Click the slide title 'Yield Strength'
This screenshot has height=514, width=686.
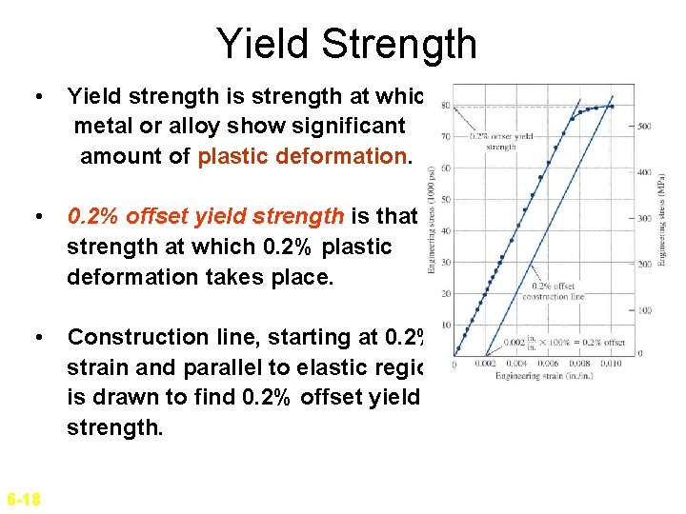pyautogui.click(x=346, y=44)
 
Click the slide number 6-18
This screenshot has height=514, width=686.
pyautogui.click(x=23, y=499)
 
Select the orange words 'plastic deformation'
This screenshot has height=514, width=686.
pyautogui.click(x=304, y=156)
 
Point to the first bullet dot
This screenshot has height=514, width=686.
pyautogui.click(x=36, y=97)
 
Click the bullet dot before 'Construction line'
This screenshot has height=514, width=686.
pyautogui.click(x=36, y=338)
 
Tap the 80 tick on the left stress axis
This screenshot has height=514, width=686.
pyautogui.click(x=447, y=106)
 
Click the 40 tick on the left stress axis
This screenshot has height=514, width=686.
pyautogui.click(x=447, y=230)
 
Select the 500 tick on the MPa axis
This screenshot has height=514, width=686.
pyautogui.click(x=645, y=126)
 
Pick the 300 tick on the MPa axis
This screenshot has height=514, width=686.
pyautogui.click(x=645, y=218)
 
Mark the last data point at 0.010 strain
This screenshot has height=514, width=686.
pyautogui.click(x=612, y=107)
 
